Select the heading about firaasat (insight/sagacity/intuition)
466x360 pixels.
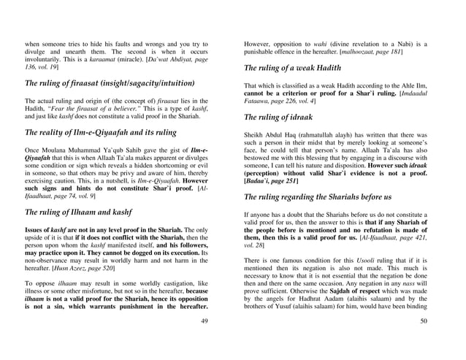(x=109, y=83)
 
